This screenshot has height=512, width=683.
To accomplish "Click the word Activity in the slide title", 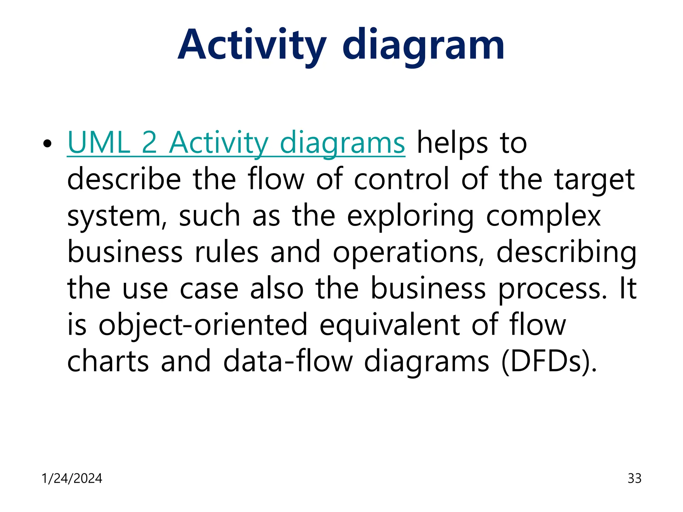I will [x=252, y=45].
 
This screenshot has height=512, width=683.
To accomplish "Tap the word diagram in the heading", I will [x=423, y=45].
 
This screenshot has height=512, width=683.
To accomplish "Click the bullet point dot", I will [x=47, y=144].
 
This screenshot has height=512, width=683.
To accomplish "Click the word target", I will [x=595, y=179].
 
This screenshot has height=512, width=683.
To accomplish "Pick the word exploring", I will [x=410, y=216].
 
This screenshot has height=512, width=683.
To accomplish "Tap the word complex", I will [x=544, y=216].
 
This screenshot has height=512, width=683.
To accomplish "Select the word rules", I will [x=227, y=252].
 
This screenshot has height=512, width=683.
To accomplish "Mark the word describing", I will [x=566, y=252].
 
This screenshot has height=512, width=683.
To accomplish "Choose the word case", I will [x=209, y=289].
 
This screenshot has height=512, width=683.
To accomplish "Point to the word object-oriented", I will [x=203, y=325].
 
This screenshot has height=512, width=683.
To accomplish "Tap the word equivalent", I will [x=389, y=325].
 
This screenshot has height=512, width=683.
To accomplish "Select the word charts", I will [x=108, y=361].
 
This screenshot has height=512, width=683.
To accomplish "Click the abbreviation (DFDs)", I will [x=549, y=361].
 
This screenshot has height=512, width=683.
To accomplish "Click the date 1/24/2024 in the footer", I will [x=72, y=478].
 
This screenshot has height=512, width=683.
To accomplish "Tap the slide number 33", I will [x=634, y=478].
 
